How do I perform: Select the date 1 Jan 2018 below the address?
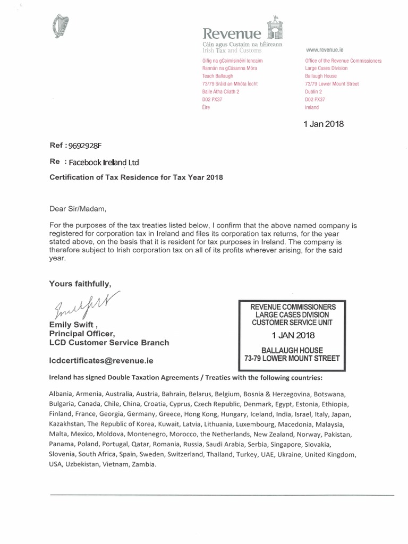click(323, 124)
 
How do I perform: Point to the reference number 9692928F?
click(84, 145)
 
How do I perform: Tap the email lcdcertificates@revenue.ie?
click(101, 360)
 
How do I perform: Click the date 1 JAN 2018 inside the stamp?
click(294, 335)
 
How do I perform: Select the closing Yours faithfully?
click(80, 283)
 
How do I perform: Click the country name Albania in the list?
click(62, 394)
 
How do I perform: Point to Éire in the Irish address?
click(201, 107)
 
